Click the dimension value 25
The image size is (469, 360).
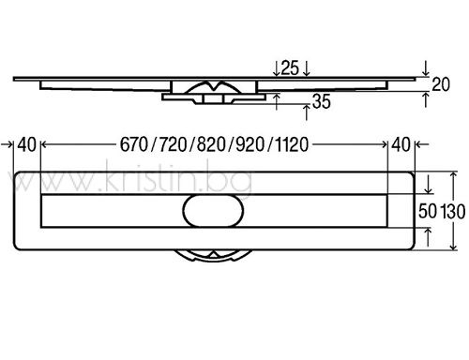tap(290, 68)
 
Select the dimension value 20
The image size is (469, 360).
tap(441, 84)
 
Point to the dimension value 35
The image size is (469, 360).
tap(321, 101)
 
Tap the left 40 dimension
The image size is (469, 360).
tap(26, 144)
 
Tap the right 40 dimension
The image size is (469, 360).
tap(401, 144)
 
